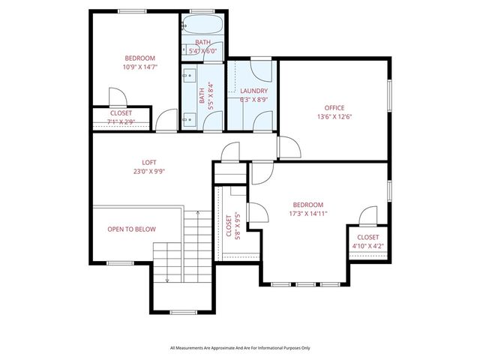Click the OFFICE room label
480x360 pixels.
click(334, 107)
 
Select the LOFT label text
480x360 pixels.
click(149, 162)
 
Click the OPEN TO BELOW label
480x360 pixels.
click(131, 229)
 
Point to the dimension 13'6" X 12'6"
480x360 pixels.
click(334, 116)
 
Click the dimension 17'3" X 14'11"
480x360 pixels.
click(307, 214)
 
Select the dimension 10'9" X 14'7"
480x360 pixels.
click(139, 67)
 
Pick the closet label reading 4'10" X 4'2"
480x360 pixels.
click(367, 246)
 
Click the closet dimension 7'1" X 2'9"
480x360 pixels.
click(121, 121)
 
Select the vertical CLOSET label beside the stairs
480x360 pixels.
click(229, 225)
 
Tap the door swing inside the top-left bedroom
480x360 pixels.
click(116, 97)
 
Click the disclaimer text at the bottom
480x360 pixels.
click(240, 348)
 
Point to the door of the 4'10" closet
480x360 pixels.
click(367, 217)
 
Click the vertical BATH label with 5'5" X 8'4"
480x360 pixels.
click(202, 95)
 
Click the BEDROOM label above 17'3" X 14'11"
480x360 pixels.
click(307, 205)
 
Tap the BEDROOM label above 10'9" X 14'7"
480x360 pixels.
click(139, 58)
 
